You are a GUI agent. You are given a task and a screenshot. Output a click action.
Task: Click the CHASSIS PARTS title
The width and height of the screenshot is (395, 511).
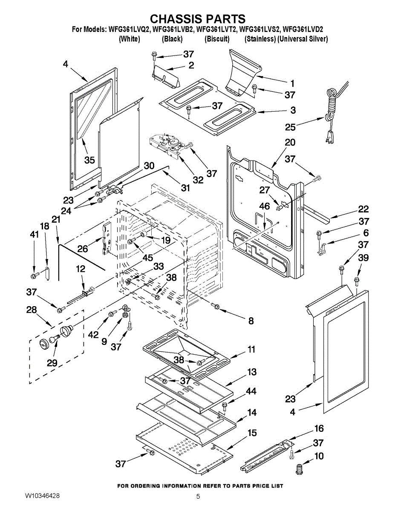198,19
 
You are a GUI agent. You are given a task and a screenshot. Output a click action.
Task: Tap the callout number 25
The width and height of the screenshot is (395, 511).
290,126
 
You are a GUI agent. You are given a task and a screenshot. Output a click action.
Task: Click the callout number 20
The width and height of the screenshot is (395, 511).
290,142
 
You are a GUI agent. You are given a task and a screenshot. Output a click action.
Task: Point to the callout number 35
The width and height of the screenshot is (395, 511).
89,160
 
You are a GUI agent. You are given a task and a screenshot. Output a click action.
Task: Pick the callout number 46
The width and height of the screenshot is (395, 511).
264,206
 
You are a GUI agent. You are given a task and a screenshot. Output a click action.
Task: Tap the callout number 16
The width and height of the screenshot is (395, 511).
319,428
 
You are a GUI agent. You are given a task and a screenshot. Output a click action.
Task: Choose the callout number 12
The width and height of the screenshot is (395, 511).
80,269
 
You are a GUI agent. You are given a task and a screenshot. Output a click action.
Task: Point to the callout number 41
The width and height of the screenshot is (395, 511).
34,234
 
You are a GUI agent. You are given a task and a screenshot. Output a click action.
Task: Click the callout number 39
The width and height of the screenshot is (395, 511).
363,258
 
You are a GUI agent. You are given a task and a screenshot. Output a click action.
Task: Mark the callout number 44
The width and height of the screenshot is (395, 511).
251,391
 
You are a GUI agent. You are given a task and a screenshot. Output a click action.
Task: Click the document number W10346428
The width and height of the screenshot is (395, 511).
48,496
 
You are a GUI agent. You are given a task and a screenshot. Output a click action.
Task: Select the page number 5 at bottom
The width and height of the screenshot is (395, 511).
198,496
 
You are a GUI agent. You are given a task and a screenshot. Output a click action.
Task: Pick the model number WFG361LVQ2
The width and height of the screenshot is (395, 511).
130,29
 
